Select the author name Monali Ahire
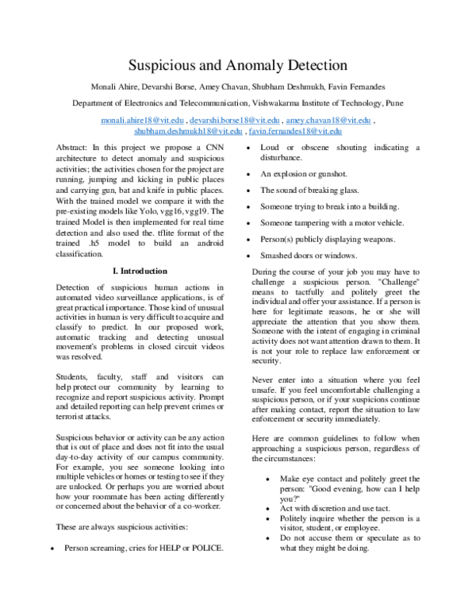point(117,86)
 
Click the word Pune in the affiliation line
point(393,103)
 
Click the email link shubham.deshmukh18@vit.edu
point(188,130)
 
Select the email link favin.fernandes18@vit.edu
point(295,130)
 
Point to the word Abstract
point(73,148)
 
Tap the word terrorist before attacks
point(75,414)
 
